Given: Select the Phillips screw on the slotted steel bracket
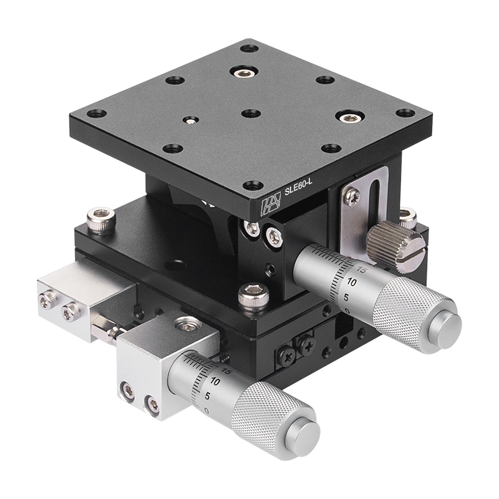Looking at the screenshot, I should [x=353, y=198].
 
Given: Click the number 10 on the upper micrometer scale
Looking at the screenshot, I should [x=351, y=283].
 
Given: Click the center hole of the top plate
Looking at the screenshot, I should [x=251, y=114].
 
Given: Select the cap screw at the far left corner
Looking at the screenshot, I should [x=102, y=218].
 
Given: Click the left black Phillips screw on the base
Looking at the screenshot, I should [x=287, y=355].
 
